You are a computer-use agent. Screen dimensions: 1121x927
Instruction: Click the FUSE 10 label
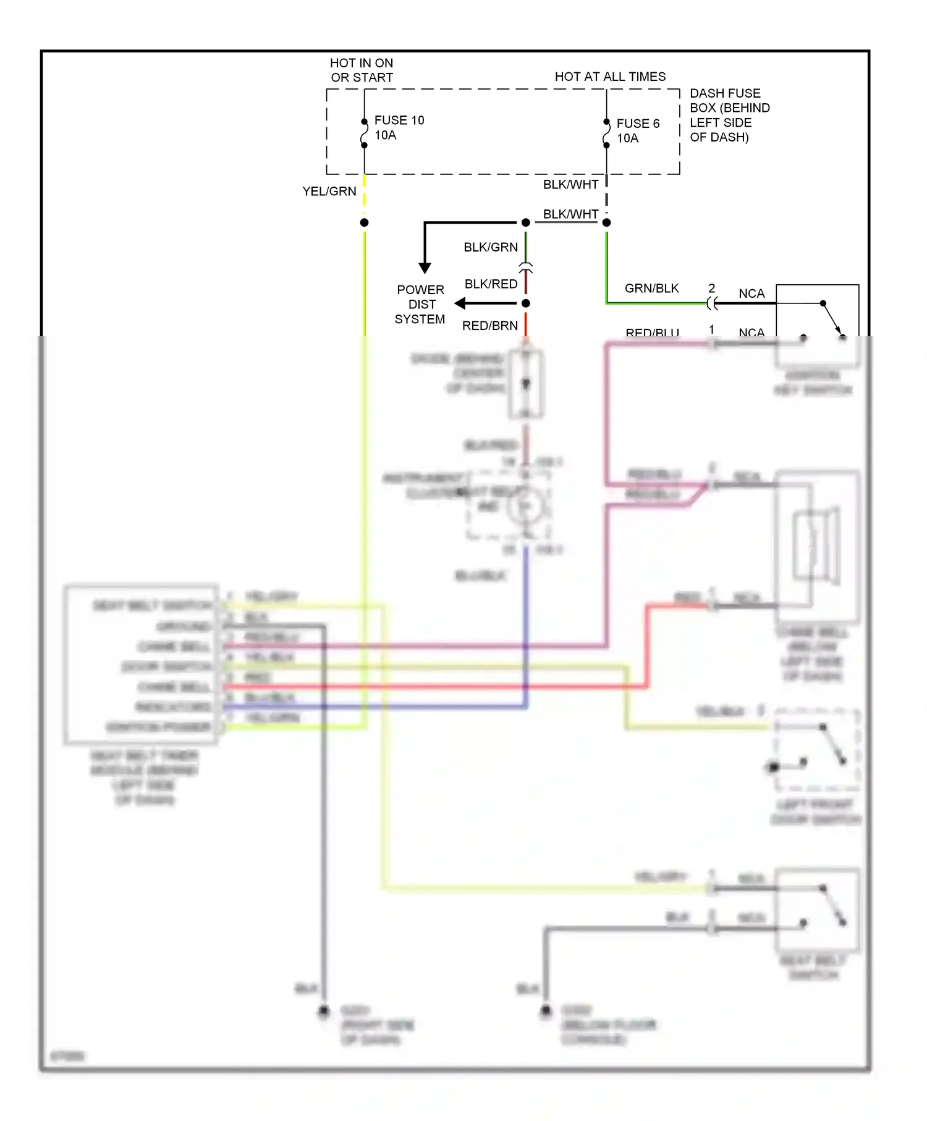point(399,121)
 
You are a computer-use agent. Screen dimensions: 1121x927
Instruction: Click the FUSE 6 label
point(638,124)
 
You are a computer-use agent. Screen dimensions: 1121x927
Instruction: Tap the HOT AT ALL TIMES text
point(610,77)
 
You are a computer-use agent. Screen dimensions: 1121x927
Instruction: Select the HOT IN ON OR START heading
point(362,70)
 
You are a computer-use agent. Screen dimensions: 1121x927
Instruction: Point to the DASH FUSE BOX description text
point(729,115)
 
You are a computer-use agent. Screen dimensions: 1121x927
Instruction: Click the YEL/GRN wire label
point(329,192)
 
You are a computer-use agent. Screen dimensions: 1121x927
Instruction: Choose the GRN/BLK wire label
point(651,289)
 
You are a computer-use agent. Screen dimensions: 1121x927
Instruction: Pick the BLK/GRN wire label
point(491,247)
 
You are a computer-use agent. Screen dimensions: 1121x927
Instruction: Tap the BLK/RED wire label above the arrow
point(491,284)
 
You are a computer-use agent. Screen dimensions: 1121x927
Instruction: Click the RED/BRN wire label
point(490,326)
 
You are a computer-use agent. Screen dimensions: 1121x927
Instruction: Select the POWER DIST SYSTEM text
point(420,305)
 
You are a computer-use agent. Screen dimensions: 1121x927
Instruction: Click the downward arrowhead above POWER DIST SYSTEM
point(425,268)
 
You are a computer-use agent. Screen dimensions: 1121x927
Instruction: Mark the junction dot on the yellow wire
point(365,222)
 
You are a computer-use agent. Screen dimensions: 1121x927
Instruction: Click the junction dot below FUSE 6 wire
point(607,222)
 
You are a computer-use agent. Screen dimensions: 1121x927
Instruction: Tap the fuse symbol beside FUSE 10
point(365,133)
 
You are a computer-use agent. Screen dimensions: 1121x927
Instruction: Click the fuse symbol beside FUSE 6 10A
point(607,134)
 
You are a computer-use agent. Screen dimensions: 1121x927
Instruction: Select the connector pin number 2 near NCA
point(711,289)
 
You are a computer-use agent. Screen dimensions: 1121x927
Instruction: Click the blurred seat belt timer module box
point(141,664)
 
